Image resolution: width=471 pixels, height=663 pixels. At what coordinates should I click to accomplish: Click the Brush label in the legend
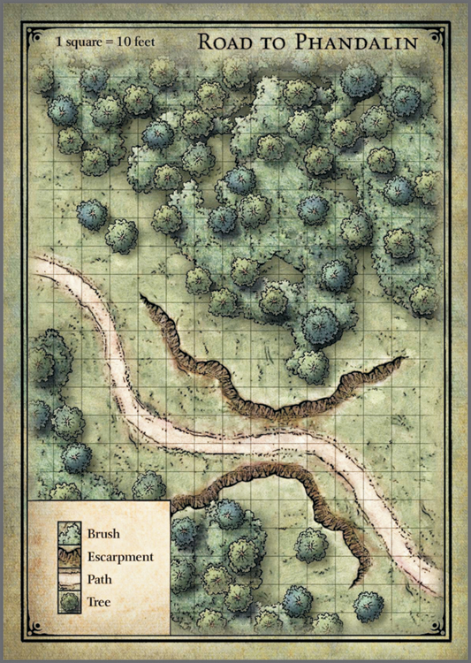tap(103, 534)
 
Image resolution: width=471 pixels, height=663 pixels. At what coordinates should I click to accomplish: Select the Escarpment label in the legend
tap(120, 557)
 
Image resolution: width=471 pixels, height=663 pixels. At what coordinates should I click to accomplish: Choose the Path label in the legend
tap(100, 580)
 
